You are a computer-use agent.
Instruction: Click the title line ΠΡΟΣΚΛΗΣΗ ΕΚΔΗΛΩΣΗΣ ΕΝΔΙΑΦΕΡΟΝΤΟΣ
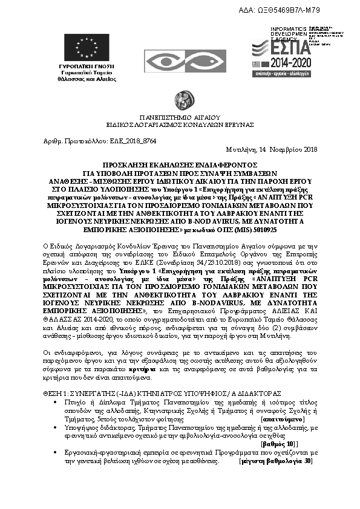point(180,164)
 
